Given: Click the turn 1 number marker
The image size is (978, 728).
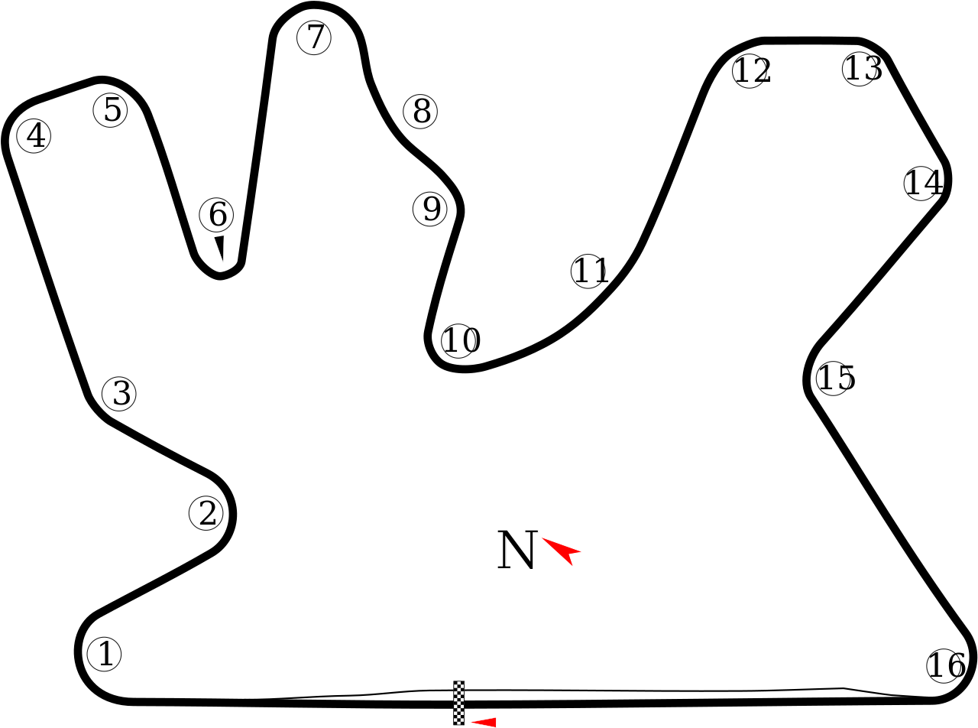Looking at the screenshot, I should point(105,655).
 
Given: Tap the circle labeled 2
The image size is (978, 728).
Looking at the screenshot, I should point(206,514).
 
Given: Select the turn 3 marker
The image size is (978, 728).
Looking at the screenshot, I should point(120,394).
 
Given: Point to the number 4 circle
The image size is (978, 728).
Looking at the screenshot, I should point(34,136).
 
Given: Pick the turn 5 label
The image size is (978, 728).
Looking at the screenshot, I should point(111,110).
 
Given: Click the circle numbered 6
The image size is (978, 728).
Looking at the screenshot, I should point(216,215).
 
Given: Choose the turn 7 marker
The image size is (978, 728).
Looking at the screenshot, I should point(314,37).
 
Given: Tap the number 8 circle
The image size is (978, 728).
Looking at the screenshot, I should point(420,112).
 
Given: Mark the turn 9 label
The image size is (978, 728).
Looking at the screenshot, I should point(430,209).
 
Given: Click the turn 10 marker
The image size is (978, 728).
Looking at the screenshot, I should point(458,341).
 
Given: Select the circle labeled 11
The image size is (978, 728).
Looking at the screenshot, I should point(588,271).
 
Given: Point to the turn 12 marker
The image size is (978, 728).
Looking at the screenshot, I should point(749,71).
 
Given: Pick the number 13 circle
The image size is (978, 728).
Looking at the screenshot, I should point(859,69).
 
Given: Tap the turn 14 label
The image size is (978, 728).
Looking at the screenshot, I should point(920,184).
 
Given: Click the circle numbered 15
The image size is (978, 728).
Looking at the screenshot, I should point(833,378).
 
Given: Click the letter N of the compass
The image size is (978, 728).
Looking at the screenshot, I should point(517,550).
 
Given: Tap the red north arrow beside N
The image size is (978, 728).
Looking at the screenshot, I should point(563,549).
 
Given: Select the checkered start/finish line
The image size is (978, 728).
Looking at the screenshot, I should point(458,702).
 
